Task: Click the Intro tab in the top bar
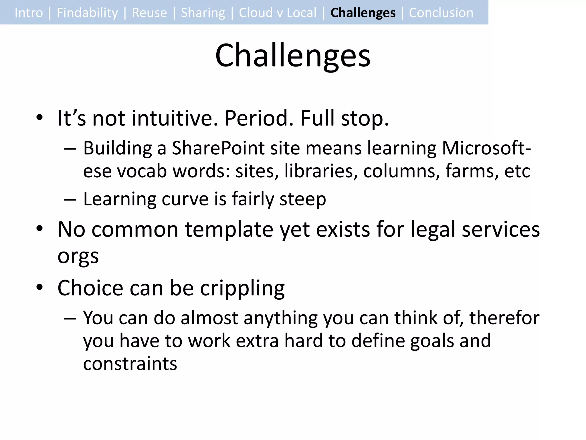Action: [29, 13]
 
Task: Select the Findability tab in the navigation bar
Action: [87, 13]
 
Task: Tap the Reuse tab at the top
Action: [149, 13]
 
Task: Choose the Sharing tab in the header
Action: [203, 13]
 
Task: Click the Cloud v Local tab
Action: [278, 13]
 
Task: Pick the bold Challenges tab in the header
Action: [363, 13]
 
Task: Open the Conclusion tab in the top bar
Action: [441, 13]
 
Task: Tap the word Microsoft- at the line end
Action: [486, 148]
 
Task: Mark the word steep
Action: [302, 199]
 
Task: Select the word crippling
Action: [242, 288]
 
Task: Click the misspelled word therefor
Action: [504, 318]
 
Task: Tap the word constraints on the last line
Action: [130, 364]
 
